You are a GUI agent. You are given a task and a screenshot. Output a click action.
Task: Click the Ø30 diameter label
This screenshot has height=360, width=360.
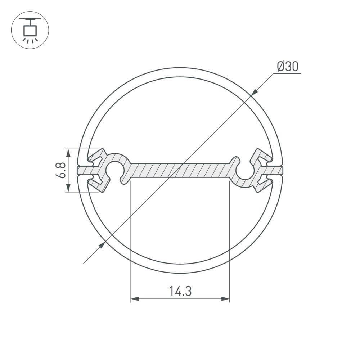pos(288,67)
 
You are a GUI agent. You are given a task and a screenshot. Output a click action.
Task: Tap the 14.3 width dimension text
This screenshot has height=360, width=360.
pos(180,291)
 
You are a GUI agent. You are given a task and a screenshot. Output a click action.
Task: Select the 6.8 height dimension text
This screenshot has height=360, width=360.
pos(61,170)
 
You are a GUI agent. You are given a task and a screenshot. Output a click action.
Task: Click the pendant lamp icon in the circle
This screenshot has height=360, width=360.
pos(30,30)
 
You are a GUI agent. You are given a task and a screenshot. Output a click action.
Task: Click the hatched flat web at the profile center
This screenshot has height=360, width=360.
pos(180,170)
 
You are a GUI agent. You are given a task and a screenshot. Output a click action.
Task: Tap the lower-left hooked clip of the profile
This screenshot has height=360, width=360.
pos(96,183)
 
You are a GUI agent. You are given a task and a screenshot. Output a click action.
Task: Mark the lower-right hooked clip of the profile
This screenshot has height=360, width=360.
pos(264,184)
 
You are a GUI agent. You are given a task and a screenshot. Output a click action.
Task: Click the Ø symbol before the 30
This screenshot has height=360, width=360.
pos(281,67)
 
